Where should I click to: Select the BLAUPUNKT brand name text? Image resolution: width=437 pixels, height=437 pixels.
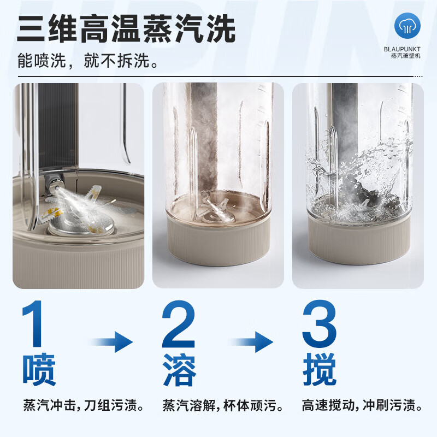tap(409, 48)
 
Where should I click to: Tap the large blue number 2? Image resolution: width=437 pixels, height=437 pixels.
tap(178, 325)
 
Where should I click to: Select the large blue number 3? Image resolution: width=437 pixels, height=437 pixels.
tap(319, 325)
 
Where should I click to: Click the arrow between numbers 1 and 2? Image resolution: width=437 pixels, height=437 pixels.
tap(113, 343)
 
